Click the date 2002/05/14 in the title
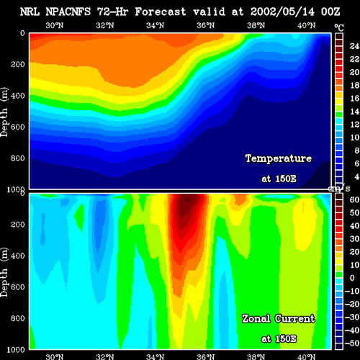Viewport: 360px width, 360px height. click(x=282, y=12)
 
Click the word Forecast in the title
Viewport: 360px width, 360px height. click(x=161, y=12)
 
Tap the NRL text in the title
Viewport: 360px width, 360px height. click(x=30, y=12)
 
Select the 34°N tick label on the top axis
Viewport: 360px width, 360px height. click(x=156, y=25)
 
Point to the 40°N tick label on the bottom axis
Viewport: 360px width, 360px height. click(x=307, y=356)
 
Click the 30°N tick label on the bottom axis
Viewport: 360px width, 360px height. click(x=55, y=356)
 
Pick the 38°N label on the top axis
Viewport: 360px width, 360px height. click(x=256, y=25)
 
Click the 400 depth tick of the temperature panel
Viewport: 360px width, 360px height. click(x=18, y=96)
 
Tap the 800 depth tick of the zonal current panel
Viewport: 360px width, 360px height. click(x=18, y=318)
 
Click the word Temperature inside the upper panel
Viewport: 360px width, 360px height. click(x=279, y=158)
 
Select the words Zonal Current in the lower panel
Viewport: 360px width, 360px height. click(x=279, y=319)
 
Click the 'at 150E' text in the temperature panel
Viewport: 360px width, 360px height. click(x=279, y=179)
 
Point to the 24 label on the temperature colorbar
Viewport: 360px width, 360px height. click(x=354, y=46)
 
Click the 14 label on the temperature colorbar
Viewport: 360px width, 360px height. click(x=354, y=112)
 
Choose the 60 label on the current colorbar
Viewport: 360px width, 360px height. click(x=354, y=199)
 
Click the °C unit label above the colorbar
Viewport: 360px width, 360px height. click(x=339, y=28)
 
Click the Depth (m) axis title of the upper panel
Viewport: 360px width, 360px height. click(x=4, y=112)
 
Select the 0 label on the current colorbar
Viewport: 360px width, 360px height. click(x=352, y=278)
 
